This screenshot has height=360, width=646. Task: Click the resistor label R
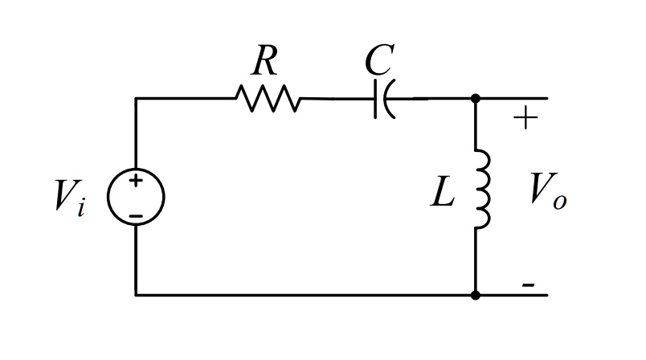[x=265, y=60]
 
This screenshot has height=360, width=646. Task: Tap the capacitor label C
[x=378, y=60]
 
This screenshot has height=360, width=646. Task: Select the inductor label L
[x=443, y=192]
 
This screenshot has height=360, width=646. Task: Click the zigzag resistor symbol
[x=268, y=99]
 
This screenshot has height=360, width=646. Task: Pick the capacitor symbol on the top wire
[x=383, y=99]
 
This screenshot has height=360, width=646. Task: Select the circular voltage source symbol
[x=136, y=196]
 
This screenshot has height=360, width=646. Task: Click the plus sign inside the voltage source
[x=136, y=182]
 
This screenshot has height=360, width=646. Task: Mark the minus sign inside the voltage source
[x=136, y=215]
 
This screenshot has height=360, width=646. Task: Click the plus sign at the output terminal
[x=525, y=119]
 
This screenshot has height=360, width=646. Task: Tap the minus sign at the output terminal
[x=528, y=284]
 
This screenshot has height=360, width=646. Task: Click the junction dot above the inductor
[x=476, y=98]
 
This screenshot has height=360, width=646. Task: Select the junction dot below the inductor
[x=476, y=295]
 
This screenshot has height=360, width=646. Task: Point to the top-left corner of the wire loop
[x=136, y=98]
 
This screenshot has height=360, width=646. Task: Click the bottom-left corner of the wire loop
[x=136, y=295]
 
